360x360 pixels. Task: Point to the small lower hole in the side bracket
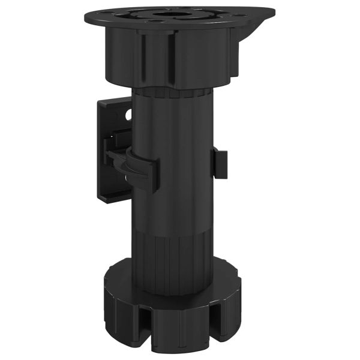pos(124,178)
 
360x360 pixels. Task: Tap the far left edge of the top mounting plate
pos(87,18)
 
